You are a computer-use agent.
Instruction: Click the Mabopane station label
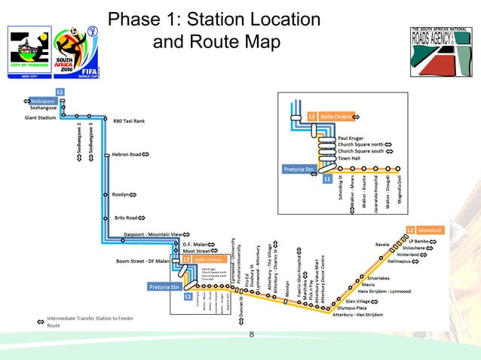[43, 101]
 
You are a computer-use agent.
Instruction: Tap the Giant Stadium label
[41, 117]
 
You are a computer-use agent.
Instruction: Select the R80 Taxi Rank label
[128, 121]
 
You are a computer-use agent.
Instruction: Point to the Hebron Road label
[127, 154]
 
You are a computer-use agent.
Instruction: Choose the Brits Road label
[125, 218]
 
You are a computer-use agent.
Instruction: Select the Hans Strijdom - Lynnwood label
[388, 291]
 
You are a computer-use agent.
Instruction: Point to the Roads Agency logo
[440, 51]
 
